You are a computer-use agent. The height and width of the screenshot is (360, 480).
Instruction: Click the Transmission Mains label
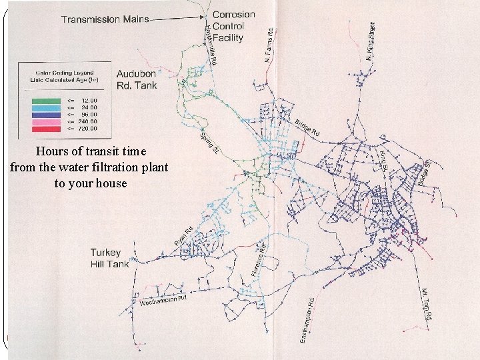[105, 19]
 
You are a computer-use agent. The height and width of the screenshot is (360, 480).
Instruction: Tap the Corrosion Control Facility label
[233, 26]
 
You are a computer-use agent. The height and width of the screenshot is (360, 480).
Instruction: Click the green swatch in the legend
[45, 100]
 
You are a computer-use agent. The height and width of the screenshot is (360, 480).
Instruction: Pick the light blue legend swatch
[45, 106]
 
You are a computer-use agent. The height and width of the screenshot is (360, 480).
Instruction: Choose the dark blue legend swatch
[45, 113]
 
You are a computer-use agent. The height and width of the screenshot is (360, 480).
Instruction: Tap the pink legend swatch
[45, 121]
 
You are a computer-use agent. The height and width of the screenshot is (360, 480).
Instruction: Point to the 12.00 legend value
[89, 100]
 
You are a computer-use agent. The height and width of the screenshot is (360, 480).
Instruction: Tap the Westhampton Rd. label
[163, 300]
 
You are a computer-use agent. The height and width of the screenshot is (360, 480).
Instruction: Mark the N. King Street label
[370, 41]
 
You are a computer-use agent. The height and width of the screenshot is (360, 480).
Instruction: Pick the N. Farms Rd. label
[268, 46]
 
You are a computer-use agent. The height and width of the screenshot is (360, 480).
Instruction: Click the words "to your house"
[91, 183]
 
